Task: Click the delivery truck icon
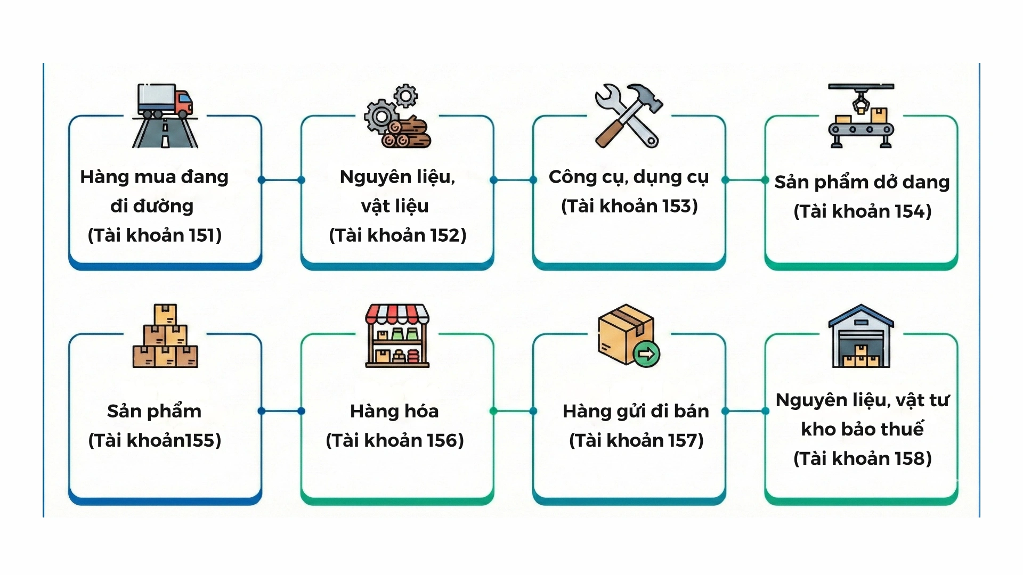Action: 165,101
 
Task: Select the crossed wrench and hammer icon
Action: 629,115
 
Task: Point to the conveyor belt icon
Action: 861,116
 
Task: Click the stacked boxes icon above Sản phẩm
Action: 165,336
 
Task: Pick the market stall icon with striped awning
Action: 397,336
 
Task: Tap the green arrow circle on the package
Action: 646,353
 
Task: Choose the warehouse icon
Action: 861,336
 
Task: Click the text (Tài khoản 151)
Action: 155,235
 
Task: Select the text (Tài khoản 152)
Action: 397,235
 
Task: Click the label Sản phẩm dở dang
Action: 862,182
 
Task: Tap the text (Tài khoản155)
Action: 155,440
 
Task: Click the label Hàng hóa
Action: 394,411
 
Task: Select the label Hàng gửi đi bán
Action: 636,411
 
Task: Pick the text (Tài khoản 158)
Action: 862,458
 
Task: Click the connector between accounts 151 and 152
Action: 281,180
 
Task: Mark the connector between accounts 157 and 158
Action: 745,411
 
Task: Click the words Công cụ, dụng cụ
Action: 629,177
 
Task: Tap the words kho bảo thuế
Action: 862,429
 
